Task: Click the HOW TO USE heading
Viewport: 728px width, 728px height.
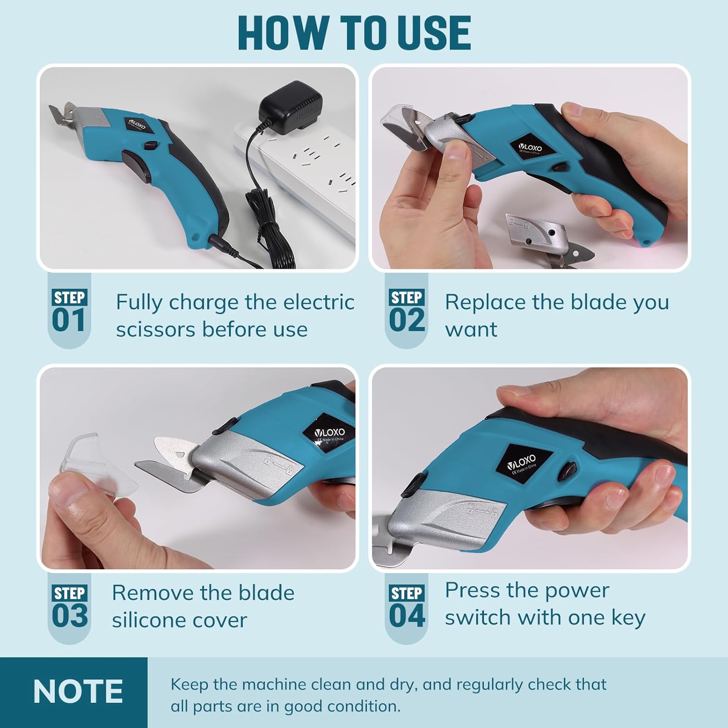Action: coord(354,33)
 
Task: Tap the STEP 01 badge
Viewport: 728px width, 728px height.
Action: coord(69,311)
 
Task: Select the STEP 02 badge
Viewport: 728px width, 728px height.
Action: coord(407,311)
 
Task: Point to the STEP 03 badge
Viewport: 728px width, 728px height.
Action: coord(69,607)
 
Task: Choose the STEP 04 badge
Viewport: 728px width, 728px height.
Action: coord(407,607)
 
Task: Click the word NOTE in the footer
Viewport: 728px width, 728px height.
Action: coord(78,692)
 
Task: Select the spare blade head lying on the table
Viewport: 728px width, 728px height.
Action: coord(548,238)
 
